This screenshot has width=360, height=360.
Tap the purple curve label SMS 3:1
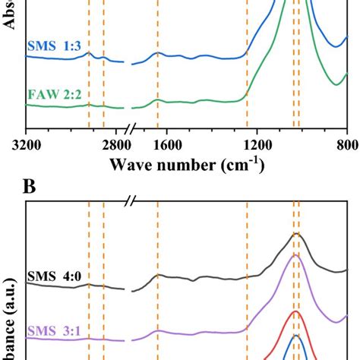point(54,330)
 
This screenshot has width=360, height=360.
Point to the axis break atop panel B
point(131,201)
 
